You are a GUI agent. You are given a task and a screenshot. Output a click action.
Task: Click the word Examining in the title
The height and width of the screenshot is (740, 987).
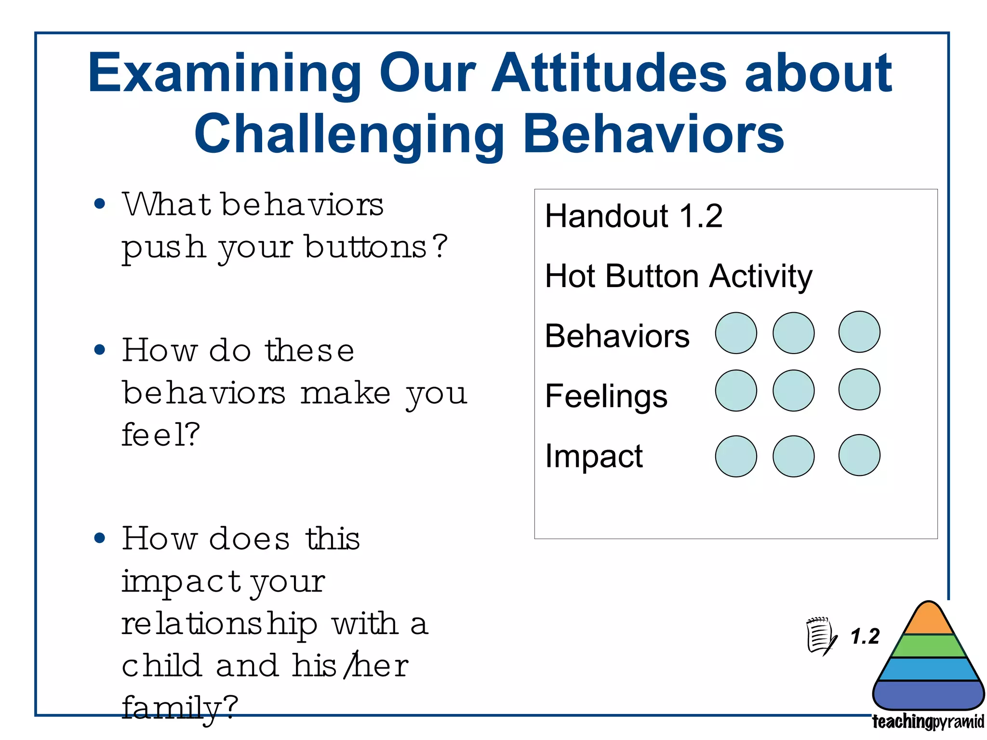[x=224, y=73]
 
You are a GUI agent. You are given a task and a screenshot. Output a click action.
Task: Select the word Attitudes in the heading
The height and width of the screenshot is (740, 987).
[x=609, y=73]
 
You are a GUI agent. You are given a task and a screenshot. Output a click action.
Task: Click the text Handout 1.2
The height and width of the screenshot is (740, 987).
[x=633, y=216]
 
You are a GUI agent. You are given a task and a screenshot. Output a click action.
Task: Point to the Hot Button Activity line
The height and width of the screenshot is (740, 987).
[x=678, y=277]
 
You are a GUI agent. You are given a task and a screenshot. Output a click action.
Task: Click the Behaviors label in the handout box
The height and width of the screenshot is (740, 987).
[x=617, y=336]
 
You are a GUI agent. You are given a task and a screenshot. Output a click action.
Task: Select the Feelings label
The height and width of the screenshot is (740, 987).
[x=606, y=396]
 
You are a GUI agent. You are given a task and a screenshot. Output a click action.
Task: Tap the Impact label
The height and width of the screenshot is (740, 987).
[x=593, y=456]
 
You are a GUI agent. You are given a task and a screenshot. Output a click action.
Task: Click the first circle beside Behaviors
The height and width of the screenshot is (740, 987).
[x=735, y=333]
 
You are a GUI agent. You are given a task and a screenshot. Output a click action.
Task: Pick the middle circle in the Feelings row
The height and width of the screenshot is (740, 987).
[x=793, y=391]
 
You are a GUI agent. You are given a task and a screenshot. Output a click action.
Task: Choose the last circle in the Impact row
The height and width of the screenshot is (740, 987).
[x=859, y=455]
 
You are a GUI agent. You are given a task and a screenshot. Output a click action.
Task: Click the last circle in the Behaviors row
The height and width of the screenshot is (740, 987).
[x=859, y=332]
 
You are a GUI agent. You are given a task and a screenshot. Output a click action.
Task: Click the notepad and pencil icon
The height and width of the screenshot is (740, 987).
[x=821, y=636]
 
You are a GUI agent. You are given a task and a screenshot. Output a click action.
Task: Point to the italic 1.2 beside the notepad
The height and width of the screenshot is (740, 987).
[x=865, y=636]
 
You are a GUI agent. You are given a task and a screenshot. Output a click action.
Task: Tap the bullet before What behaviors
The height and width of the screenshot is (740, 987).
[x=100, y=204]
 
